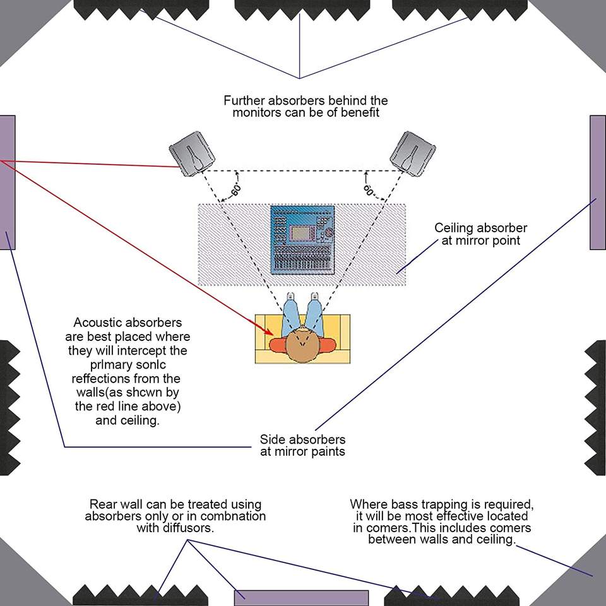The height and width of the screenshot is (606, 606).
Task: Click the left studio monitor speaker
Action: (x=192, y=153)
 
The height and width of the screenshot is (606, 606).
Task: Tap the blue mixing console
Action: (x=302, y=240)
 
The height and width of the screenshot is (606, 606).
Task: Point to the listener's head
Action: (x=302, y=345)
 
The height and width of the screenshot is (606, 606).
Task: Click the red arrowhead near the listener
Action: (x=269, y=331)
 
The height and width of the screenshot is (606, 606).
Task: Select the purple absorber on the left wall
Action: (x=8, y=182)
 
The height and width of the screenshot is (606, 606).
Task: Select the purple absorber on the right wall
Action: (x=598, y=182)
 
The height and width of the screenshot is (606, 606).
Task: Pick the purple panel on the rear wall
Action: (x=302, y=598)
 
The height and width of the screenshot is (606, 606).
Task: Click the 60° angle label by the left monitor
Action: (x=236, y=190)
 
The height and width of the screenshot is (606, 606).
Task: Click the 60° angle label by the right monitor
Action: (x=369, y=190)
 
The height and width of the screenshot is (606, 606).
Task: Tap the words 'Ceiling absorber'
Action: (x=481, y=228)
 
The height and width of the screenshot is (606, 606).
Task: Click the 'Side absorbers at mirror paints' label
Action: (x=302, y=445)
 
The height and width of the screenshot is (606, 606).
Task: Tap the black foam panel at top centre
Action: (x=302, y=10)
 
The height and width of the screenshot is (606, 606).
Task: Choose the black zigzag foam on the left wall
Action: (x=10, y=408)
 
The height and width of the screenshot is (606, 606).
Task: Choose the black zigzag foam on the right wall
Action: (x=595, y=408)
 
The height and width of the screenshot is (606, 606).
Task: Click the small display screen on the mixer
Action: (x=301, y=233)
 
